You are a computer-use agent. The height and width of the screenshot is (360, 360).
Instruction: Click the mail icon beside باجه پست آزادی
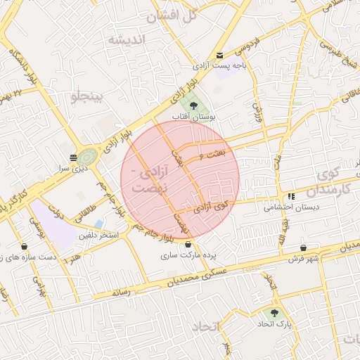220,56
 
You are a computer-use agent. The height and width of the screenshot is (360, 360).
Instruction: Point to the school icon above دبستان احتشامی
290,196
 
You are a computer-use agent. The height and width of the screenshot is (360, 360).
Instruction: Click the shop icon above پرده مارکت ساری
187,245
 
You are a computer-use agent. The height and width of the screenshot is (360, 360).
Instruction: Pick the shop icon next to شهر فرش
303,247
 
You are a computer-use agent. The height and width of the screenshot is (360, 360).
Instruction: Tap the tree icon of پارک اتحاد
274,313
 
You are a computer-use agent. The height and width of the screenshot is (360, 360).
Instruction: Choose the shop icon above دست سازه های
25,247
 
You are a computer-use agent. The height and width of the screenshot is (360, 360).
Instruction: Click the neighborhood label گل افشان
174,15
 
